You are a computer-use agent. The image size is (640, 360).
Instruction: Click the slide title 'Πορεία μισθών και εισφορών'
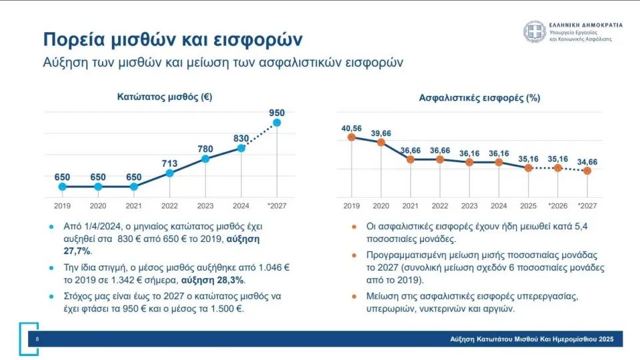tap(173, 39)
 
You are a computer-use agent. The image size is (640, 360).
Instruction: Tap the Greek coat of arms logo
tap(534, 31)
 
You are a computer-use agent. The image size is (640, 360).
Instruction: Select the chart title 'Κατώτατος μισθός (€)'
tap(165, 97)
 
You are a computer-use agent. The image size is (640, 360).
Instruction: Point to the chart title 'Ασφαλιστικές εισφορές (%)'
tap(479, 97)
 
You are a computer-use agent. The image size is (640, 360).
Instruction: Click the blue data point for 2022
tap(169, 173)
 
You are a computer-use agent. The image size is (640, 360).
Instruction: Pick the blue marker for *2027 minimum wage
tap(277, 123)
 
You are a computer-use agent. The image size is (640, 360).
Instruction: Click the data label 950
tap(277, 113)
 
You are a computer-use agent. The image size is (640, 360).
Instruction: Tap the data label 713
tap(169, 163)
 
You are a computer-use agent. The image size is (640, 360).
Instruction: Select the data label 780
tap(205, 149)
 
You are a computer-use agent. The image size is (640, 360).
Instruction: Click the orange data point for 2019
tap(351, 137)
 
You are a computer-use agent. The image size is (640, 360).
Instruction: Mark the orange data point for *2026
tap(558, 168)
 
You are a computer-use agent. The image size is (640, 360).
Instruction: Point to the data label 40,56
tap(351, 127)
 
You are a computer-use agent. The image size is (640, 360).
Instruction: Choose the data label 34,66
tap(587, 161)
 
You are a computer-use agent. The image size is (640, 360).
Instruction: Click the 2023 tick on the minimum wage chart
tap(205, 205)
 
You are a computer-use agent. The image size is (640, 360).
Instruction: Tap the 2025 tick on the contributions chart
tap(528, 205)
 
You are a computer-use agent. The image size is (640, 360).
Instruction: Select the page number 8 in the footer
tap(28, 339)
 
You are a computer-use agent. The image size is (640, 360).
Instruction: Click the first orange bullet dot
tap(354, 227)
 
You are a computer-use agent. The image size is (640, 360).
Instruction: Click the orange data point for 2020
tap(381, 142)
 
